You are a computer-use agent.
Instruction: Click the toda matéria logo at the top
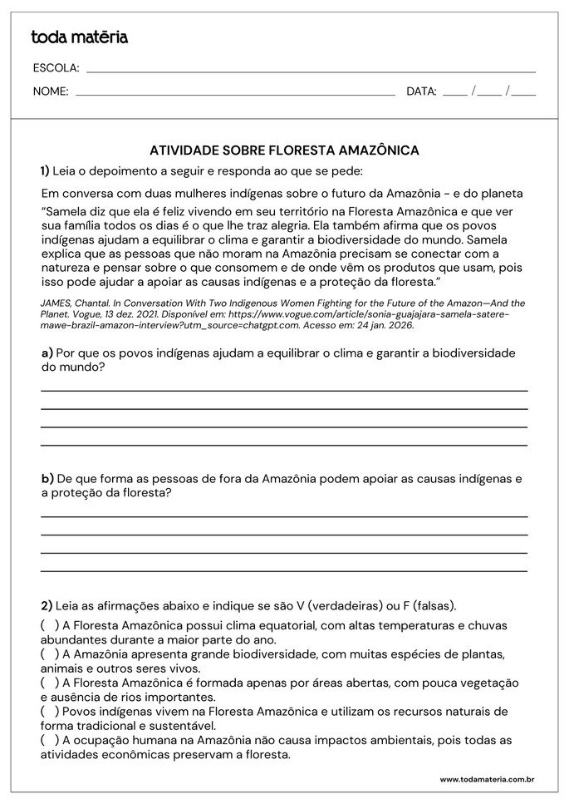tap(79, 37)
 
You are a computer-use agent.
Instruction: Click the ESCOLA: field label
tap(56, 68)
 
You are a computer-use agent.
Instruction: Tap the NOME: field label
tap(51, 91)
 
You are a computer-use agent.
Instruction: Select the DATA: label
tap(421, 91)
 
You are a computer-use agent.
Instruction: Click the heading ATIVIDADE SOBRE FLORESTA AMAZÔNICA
tap(284, 150)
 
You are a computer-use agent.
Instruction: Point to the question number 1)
tap(45, 171)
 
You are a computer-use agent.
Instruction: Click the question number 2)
tap(47, 604)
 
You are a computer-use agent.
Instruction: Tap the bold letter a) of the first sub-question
tap(47, 353)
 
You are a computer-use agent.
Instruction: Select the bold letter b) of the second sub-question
tap(47, 478)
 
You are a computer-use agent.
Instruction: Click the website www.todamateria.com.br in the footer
tap(486, 779)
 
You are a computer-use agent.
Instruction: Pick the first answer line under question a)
tap(284, 389)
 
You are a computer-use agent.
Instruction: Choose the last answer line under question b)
tap(284, 570)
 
